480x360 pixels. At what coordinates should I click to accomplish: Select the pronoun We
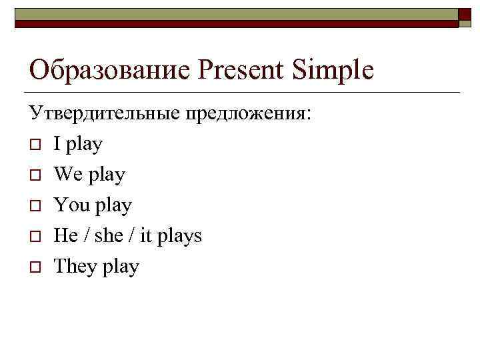(x=68, y=174)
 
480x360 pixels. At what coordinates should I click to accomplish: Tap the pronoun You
(x=71, y=205)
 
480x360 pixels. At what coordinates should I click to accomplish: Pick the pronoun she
(x=109, y=235)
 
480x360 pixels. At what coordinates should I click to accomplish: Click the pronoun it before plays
(x=147, y=235)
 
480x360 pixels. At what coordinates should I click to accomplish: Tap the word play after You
(x=113, y=206)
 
